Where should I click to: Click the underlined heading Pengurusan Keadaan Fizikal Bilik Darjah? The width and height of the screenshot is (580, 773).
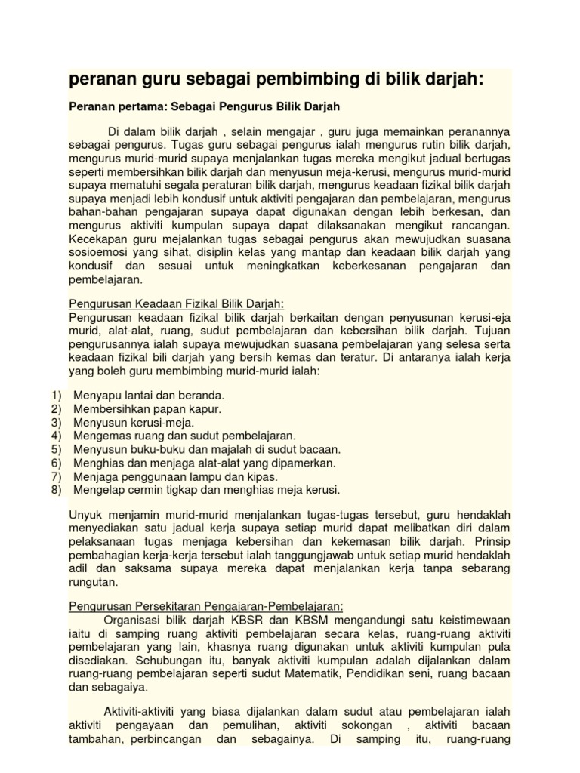pyautogui.click(x=176, y=303)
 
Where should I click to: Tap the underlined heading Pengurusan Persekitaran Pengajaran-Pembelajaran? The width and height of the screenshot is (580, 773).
pyautogui.click(x=206, y=605)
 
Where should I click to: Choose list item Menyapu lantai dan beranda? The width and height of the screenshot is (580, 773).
pyautogui.click(x=149, y=396)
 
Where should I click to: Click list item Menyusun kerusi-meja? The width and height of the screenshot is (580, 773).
pyautogui.click(x=134, y=423)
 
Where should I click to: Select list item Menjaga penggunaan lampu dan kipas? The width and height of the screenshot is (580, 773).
pyautogui.click(x=175, y=476)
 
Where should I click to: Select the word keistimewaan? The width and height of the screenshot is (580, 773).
pyautogui.click(x=467, y=619)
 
